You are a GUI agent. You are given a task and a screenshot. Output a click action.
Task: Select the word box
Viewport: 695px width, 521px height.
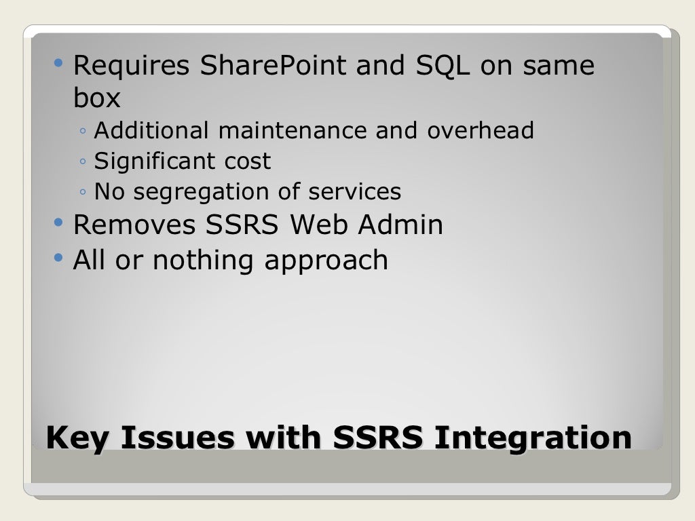point(96,98)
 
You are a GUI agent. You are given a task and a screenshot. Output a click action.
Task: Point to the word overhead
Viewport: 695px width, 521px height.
point(481,130)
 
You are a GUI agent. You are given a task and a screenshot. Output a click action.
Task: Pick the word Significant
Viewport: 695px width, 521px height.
point(146,161)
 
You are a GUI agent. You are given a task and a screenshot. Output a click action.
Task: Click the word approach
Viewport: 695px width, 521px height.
point(326,261)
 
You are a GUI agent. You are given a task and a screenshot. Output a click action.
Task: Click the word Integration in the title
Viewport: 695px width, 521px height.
point(533,439)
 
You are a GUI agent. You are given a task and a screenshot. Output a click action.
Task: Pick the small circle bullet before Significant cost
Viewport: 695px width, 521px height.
point(82,162)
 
